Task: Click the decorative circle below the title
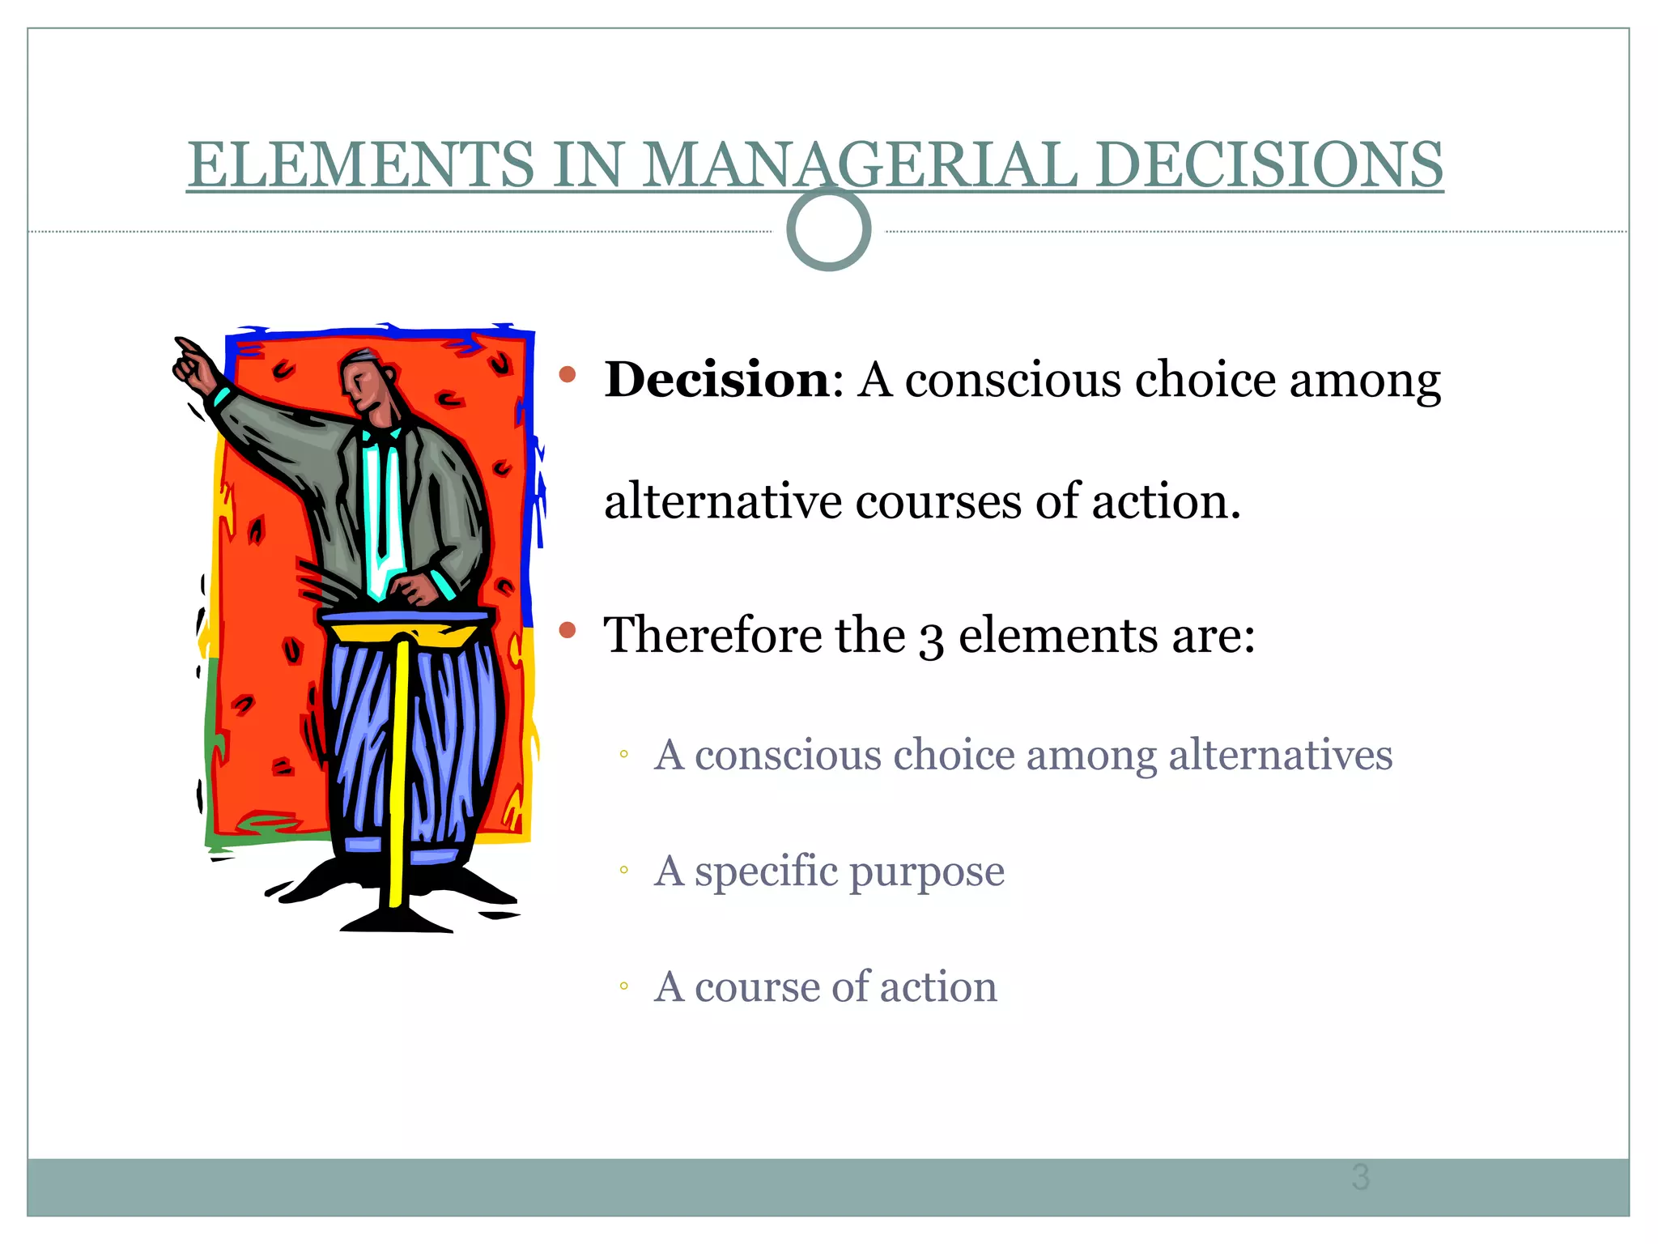(x=828, y=229)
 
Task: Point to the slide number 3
(x=1360, y=1177)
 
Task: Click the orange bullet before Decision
(x=568, y=374)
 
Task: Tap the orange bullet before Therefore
(x=568, y=630)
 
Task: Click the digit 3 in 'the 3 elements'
(x=931, y=638)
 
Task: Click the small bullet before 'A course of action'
(x=623, y=986)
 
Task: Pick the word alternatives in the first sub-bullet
(x=1280, y=755)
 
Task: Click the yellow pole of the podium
(x=397, y=769)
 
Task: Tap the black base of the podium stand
(x=397, y=921)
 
